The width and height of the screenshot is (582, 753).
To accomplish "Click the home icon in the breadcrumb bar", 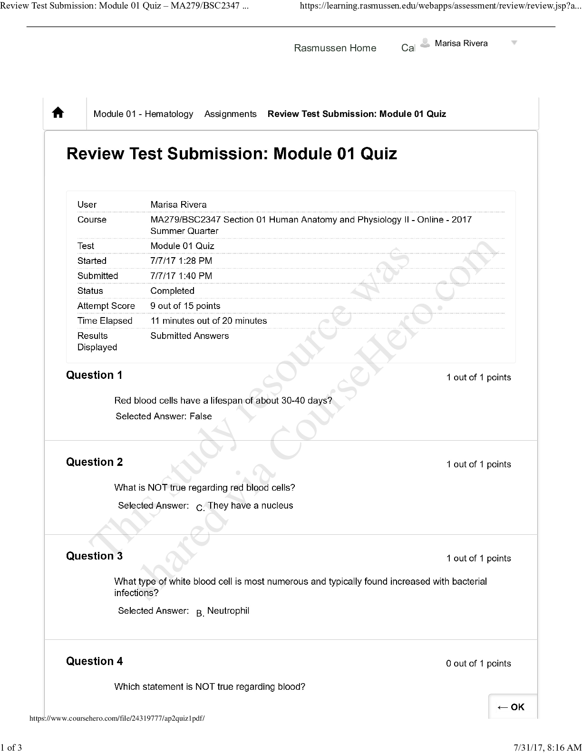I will click(x=58, y=113).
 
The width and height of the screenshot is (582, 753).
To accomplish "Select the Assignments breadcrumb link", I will click(x=230, y=114).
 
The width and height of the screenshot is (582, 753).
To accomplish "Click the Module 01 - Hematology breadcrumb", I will click(x=143, y=114).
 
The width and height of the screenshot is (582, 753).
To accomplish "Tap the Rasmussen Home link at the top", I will click(x=335, y=48).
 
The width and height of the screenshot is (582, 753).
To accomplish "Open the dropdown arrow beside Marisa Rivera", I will click(x=514, y=43).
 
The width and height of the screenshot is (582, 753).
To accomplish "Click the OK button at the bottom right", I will click(x=511, y=707).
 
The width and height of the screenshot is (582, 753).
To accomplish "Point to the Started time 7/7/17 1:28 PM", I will click(x=181, y=261).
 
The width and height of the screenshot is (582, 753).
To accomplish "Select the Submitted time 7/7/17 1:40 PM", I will click(x=181, y=276).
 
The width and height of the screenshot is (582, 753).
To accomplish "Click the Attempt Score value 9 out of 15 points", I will click(x=185, y=306).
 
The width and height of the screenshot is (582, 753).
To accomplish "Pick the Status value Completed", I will click(x=172, y=291).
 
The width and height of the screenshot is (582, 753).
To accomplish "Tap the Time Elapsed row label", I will click(x=105, y=321).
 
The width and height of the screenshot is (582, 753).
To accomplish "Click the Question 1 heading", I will click(x=94, y=375).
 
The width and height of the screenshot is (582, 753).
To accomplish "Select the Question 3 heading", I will click(x=94, y=556).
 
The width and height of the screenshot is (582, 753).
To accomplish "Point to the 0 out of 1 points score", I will click(x=478, y=664).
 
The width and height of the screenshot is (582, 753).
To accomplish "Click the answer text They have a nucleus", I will click(x=250, y=505).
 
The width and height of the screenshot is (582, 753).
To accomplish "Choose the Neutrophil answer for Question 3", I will click(x=228, y=611).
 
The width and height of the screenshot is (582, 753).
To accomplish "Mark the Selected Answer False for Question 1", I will click(x=201, y=416).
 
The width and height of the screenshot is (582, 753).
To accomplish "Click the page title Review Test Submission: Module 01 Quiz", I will click(x=232, y=154).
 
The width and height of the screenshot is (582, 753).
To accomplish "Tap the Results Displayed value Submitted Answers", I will click(x=189, y=336).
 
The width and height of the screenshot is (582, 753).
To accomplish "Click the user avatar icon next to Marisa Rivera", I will click(x=426, y=43).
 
